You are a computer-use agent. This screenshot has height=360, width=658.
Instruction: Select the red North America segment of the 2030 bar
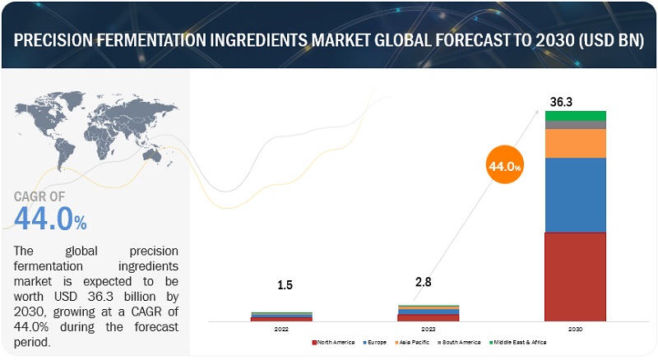click(575, 276)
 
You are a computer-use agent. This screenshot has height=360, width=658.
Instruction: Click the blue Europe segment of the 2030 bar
click(575, 195)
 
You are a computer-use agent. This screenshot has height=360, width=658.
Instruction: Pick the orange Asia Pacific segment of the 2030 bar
click(575, 143)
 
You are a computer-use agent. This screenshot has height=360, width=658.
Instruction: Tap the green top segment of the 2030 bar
click(575, 115)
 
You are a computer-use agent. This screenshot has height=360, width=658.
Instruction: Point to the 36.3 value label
click(561, 101)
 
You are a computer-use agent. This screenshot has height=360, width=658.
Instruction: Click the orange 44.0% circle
click(503, 166)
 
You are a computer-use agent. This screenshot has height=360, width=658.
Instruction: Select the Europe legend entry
click(375, 341)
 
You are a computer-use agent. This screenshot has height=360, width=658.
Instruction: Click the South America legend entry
click(461, 341)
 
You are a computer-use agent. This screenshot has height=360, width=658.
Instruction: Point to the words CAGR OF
click(42, 196)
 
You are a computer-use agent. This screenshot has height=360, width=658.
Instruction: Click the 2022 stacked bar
click(281, 316)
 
